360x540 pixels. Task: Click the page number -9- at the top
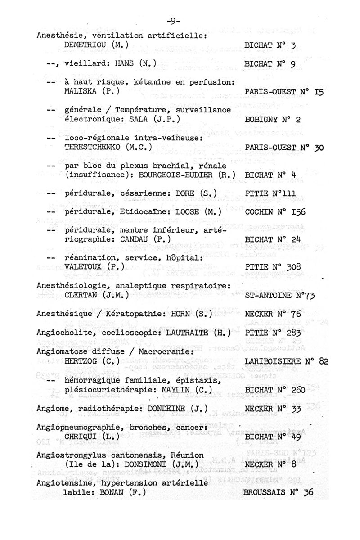click(173, 21)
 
